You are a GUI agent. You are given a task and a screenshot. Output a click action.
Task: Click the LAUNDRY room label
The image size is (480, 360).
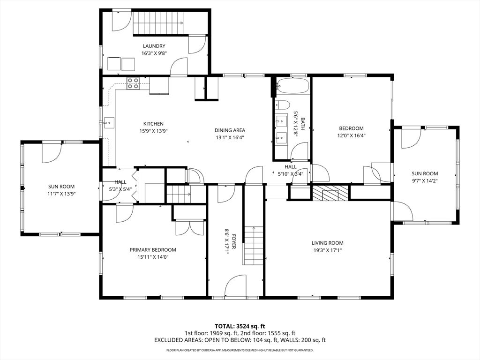click(154, 46)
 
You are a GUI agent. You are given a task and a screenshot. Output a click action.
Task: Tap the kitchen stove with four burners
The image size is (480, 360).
click(133, 83)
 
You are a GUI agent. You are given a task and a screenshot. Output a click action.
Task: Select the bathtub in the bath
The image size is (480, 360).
click(293, 86)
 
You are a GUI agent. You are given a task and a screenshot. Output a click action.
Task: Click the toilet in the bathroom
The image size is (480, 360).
click(283, 105)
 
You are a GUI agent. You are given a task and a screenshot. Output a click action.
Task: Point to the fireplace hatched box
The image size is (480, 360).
click(331, 193)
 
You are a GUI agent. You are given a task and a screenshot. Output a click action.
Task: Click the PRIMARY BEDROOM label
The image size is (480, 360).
click(153, 250)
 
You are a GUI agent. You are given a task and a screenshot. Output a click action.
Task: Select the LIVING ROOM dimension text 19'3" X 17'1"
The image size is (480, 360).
click(327, 250)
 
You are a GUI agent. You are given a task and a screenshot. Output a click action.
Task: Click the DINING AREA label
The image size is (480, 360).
click(230, 130)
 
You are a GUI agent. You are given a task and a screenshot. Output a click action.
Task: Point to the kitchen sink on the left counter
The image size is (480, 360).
click(109, 123)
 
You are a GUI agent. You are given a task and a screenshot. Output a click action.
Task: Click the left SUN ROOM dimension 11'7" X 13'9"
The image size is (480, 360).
click(62, 194)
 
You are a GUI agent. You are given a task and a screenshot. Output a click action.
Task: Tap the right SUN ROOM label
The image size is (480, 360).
click(425, 173)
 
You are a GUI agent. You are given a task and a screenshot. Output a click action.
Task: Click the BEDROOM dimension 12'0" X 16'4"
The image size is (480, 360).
click(351, 135)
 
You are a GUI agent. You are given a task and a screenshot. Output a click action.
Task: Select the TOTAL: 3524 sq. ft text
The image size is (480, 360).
click(240, 326)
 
